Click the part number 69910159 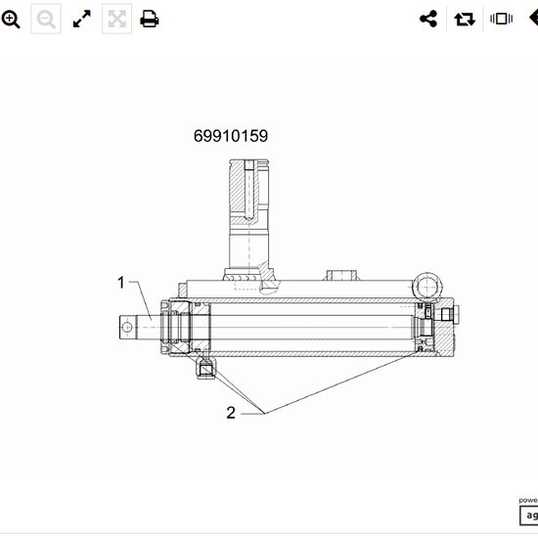231,136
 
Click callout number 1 121,283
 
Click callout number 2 231,412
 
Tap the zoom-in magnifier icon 12,19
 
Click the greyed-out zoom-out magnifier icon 46,19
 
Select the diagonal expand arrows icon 82,19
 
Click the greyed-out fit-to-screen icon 116,19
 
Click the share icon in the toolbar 427,19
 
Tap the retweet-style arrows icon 464,19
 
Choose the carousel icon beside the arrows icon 501,19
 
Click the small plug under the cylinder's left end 204,368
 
